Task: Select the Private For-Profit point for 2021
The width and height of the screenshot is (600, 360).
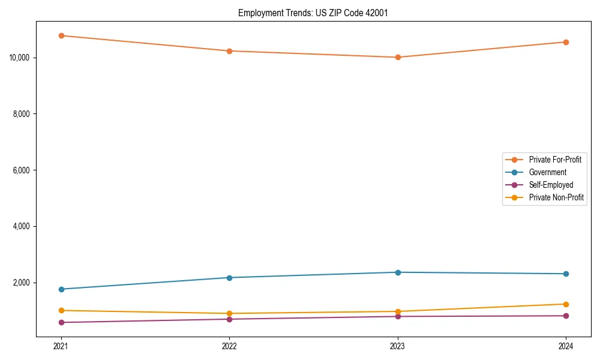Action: pos(61,35)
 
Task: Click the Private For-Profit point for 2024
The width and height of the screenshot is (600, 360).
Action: pos(566,42)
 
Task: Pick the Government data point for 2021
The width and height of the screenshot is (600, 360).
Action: pos(61,289)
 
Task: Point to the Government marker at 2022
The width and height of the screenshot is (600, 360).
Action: pos(229,277)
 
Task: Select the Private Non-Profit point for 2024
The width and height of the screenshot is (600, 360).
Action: pos(566,304)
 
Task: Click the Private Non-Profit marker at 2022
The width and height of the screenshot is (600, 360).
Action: pos(229,313)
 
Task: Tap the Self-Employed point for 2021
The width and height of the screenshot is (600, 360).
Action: pos(61,322)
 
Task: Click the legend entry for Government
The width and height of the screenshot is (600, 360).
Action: pos(547,172)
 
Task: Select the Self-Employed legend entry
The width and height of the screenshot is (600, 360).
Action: pos(551,185)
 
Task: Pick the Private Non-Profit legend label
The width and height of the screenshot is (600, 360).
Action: pos(556,197)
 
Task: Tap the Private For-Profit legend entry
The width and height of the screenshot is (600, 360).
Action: pos(555,160)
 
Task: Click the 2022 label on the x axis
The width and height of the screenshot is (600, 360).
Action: pos(229,346)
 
